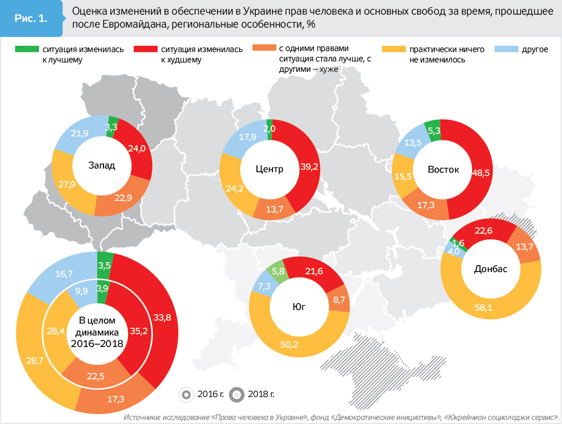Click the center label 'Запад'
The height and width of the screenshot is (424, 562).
pyautogui.click(x=101, y=165)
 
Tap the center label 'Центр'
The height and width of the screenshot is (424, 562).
pyautogui.click(x=269, y=169)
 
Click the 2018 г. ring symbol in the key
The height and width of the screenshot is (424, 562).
pyautogui.click(x=237, y=394)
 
